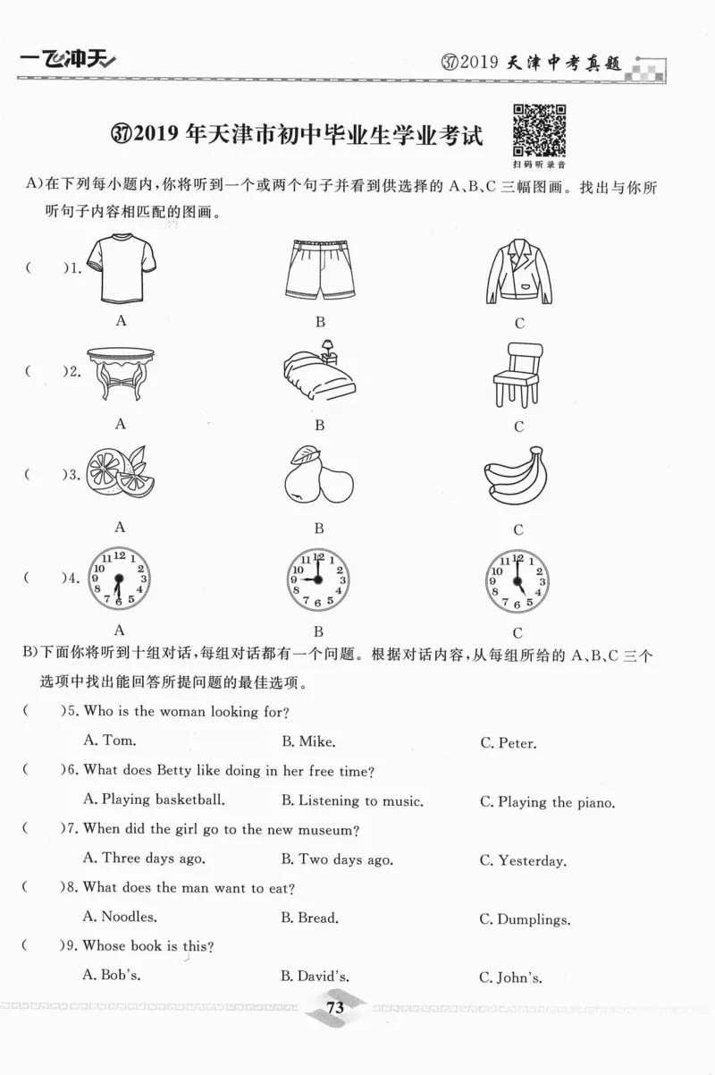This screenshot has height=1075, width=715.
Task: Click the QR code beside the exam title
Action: pyautogui.click(x=539, y=131)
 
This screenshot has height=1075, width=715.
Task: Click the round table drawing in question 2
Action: pyautogui.click(x=120, y=374)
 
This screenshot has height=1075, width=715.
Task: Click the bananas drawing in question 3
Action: pyautogui.click(x=517, y=476)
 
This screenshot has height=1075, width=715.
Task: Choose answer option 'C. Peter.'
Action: pyautogui.click(x=508, y=743)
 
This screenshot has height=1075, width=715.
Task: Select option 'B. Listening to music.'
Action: pyautogui.click(x=352, y=801)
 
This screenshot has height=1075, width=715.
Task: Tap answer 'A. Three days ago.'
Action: pyautogui.click(x=144, y=859)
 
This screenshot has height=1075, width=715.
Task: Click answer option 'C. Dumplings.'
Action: pyautogui.click(x=525, y=919)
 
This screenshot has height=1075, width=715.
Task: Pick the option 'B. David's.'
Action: pyautogui.click(x=315, y=978)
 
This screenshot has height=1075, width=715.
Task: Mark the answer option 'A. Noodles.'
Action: pyautogui.click(x=120, y=917)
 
